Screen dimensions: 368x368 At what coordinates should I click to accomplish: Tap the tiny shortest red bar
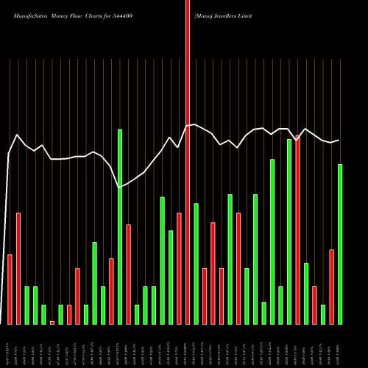click(x=52, y=322)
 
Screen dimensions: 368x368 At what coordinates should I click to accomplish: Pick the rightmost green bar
click(x=340, y=244)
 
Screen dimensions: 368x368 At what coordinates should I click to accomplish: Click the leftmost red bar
click(x=10, y=289)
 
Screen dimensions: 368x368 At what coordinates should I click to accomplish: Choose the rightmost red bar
click(x=331, y=286)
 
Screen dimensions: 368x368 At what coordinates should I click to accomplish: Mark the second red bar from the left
click(x=18, y=268)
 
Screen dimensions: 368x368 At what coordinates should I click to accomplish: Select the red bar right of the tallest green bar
click(x=128, y=274)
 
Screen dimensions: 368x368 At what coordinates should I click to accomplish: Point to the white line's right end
click(x=339, y=140)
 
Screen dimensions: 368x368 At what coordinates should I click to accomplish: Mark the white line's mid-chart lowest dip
click(x=120, y=188)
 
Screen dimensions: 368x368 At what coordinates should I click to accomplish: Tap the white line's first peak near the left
click(x=17, y=135)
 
